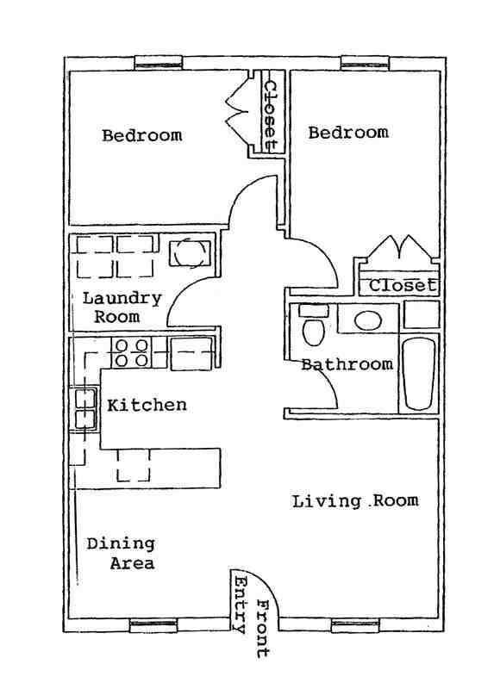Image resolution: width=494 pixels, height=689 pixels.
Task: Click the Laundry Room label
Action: pyautogui.click(x=122, y=307)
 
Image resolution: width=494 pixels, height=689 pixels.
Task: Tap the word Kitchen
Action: pyautogui.click(x=147, y=404)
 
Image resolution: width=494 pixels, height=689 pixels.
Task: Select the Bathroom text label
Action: pyautogui.click(x=347, y=364)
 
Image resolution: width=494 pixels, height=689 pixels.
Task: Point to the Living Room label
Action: pyautogui.click(x=355, y=500)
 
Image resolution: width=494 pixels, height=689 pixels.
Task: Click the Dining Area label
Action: pyautogui.click(x=121, y=554)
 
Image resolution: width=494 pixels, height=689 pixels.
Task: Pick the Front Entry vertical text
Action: pyautogui.click(x=251, y=615)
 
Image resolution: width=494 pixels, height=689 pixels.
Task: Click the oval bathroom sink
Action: pyautogui.click(x=369, y=320)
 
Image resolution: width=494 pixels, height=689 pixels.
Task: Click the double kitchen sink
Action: pyautogui.click(x=84, y=409)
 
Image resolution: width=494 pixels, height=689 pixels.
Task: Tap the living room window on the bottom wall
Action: pyautogui.click(x=356, y=626)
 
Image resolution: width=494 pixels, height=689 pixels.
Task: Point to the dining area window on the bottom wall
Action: pyautogui.click(x=153, y=626)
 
